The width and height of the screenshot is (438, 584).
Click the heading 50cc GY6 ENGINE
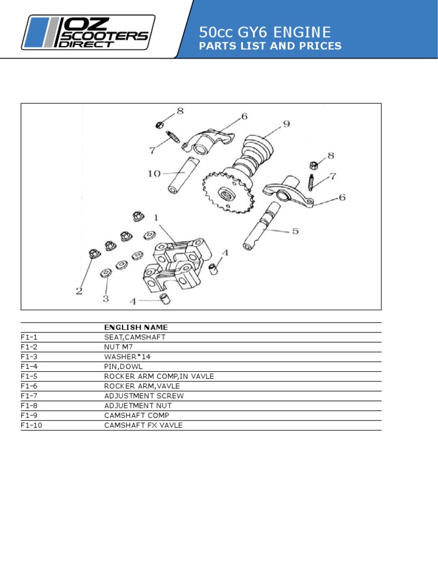pos(265,32)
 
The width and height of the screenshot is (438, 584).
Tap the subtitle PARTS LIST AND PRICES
pos(270,46)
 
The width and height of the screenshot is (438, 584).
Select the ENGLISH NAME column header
pos(136,327)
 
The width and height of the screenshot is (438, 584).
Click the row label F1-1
pos(29,337)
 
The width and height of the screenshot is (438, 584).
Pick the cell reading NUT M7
pos(119,347)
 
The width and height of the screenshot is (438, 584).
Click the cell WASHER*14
pos(127,356)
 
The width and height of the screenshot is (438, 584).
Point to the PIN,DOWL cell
pos(123,367)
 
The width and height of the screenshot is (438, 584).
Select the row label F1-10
pos(31,425)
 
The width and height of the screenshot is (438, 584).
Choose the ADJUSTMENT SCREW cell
pos(144,396)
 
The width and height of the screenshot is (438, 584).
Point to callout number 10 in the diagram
pos(154,173)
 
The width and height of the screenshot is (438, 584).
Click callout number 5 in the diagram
pos(295,231)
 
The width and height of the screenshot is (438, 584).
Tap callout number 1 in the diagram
pos(156,218)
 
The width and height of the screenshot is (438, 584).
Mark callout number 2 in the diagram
pos(79,291)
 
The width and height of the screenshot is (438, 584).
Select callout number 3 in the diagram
pos(106,298)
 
